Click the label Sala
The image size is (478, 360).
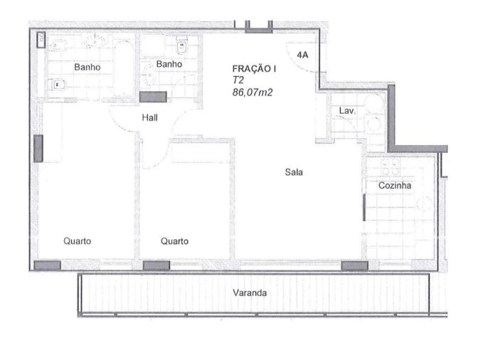point(294,171)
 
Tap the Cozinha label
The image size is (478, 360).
point(395,185)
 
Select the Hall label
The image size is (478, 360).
point(150,117)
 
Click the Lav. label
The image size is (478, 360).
point(347,111)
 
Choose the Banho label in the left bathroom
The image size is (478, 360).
point(87,67)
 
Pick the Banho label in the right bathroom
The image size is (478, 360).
point(169,64)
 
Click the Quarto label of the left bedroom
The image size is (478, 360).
point(77,241)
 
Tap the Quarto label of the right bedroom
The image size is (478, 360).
point(174,241)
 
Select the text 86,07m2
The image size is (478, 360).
point(253,92)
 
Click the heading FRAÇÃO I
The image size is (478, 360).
point(255,69)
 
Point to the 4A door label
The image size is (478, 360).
point(303,55)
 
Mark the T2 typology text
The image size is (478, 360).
point(238,80)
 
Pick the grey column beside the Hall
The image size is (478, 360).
point(152,97)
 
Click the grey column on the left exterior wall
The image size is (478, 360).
point(38,148)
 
